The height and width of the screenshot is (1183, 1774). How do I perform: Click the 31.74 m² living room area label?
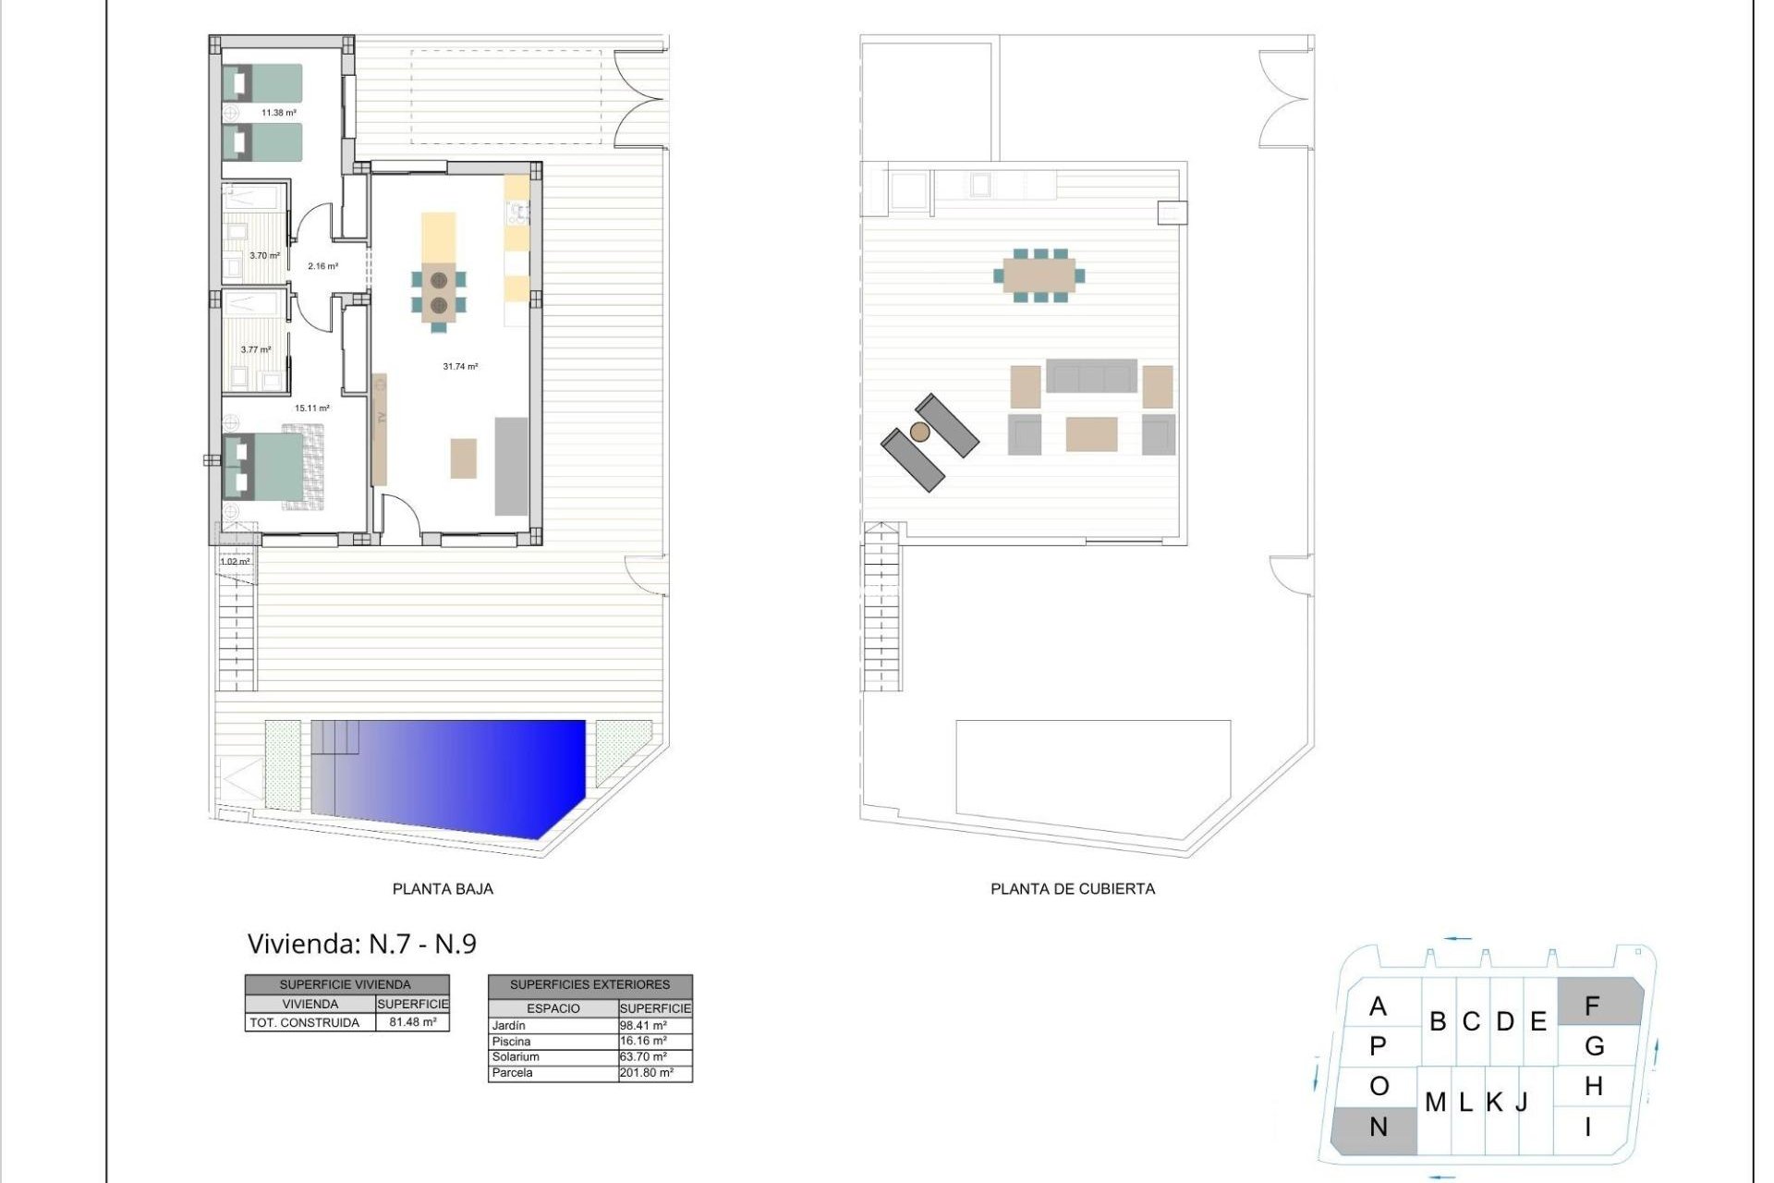460,367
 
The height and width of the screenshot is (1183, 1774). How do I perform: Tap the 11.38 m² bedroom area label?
278,113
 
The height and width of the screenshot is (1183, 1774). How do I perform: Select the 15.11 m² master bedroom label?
311,408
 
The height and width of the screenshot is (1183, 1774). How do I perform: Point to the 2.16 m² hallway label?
322,266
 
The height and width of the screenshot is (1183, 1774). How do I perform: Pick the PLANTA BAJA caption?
443,889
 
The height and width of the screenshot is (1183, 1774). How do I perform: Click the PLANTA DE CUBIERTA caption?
1072,889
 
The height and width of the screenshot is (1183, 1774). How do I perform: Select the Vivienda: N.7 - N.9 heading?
361,944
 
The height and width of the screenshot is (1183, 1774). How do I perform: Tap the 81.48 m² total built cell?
412,1022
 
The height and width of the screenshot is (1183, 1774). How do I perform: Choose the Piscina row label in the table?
511,1042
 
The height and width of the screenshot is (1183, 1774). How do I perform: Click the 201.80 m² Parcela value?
646,1073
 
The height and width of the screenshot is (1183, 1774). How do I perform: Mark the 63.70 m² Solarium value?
643,1056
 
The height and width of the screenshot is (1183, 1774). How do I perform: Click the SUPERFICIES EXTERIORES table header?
589,985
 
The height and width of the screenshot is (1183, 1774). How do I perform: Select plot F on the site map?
1593,1005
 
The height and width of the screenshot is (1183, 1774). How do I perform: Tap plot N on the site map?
1378,1128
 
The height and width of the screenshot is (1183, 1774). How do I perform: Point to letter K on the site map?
1494,1103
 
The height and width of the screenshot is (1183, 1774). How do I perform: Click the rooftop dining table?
1039,275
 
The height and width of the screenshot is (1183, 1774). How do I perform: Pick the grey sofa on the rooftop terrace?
1091,376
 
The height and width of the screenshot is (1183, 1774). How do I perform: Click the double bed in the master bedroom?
273,466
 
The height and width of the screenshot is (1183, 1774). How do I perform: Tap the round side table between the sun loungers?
919,432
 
